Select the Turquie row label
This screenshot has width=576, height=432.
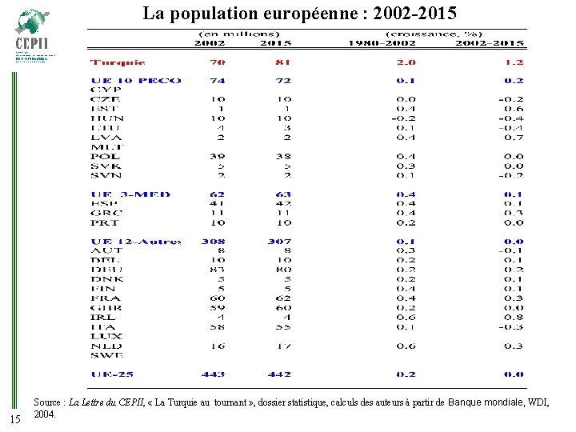[x=118, y=62]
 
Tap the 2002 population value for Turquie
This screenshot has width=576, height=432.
[x=216, y=62]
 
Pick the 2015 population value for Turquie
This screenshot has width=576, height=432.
[x=281, y=62]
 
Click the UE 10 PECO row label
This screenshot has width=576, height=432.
[x=136, y=81]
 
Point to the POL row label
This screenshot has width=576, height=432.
[x=106, y=157]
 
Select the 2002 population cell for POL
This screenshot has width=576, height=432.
[x=216, y=157]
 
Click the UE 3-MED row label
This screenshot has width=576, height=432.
[x=131, y=194]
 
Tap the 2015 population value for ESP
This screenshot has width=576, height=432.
[x=281, y=204]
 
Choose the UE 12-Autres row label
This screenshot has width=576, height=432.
[x=136, y=242]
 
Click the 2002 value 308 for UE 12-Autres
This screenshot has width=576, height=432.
[x=214, y=242]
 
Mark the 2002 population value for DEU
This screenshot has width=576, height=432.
[x=216, y=270]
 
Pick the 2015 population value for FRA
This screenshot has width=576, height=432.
[x=281, y=298]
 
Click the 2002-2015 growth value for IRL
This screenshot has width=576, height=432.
[x=514, y=318]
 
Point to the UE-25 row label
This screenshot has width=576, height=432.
[x=113, y=374]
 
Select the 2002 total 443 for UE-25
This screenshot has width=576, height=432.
[x=214, y=374]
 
